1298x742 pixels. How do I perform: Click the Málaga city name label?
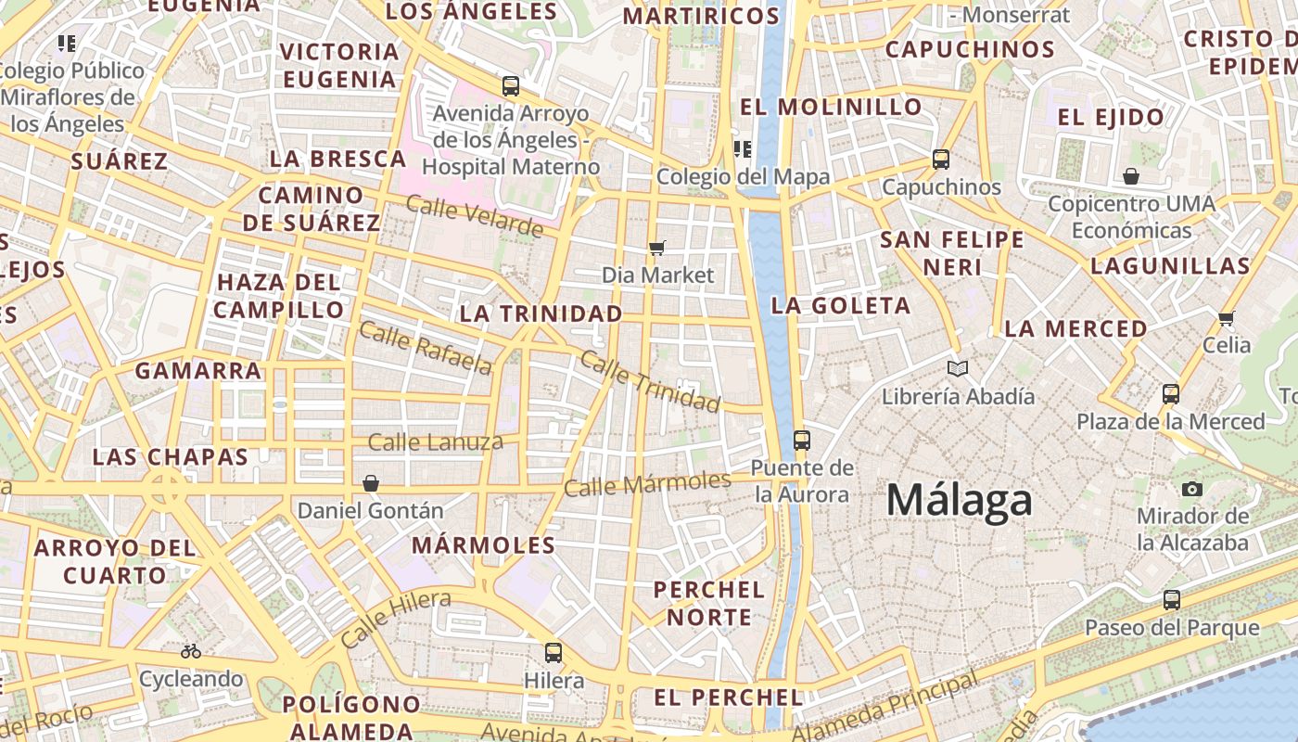click(959, 501)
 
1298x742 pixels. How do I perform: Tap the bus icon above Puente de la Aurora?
click(802, 440)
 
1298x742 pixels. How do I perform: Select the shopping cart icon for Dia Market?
click(657, 248)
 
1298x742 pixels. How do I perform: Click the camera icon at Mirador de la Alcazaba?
click(1192, 489)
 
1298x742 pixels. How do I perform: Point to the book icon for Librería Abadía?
click(958, 369)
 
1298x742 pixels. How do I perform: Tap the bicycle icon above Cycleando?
click(191, 651)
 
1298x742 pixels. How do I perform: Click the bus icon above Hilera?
click(554, 652)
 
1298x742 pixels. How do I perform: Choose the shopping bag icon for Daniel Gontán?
click(371, 483)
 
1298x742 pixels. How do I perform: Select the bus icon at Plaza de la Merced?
click(1171, 394)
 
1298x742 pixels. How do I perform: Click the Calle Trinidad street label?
click(650, 381)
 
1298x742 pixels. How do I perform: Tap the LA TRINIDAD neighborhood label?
click(541, 313)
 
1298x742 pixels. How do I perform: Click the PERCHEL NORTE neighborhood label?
click(709, 603)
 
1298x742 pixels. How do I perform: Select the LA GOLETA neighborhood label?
click(841, 305)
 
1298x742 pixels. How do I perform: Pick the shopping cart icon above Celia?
click(1227, 319)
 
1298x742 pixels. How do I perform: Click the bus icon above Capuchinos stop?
click(941, 160)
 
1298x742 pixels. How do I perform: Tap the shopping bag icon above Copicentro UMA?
click(1131, 176)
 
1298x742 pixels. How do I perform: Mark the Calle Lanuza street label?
click(436, 441)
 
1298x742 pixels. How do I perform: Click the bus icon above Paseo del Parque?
click(1172, 600)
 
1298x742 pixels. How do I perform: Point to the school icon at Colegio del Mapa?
click(742, 148)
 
